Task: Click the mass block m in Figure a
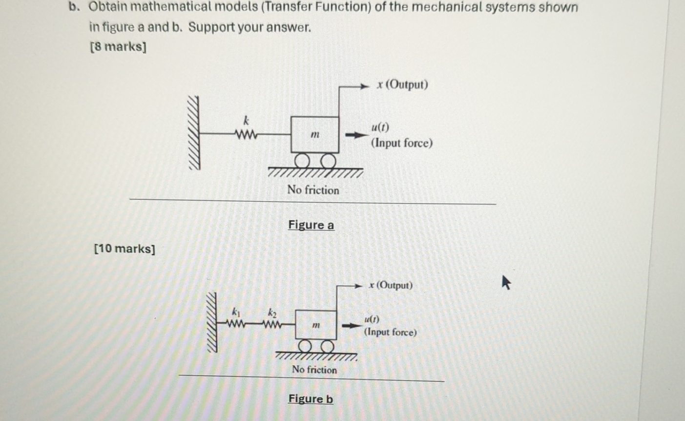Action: click(315, 134)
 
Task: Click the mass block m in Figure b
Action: click(316, 325)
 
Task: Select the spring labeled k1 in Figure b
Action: click(236, 324)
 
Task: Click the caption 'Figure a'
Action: click(311, 225)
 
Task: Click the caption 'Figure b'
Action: click(311, 399)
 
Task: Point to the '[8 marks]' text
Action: click(118, 47)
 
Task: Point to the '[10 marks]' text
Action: click(125, 249)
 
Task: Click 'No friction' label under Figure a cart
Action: click(313, 189)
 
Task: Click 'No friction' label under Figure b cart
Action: click(314, 370)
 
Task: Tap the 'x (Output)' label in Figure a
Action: click(402, 84)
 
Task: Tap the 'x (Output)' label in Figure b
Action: click(391, 285)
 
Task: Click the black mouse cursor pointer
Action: click(506, 282)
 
